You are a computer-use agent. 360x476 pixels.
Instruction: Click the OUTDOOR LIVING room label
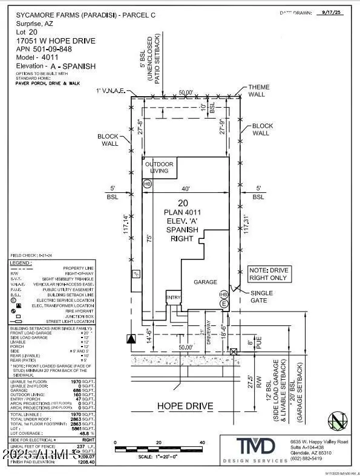click(159, 168)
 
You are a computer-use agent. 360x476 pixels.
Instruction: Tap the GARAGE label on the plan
click(205, 282)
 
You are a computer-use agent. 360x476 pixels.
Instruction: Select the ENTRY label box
click(174, 297)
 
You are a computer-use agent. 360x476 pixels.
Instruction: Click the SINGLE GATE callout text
click(262, 297)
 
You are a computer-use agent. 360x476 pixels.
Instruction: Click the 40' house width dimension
click(186, 189)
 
